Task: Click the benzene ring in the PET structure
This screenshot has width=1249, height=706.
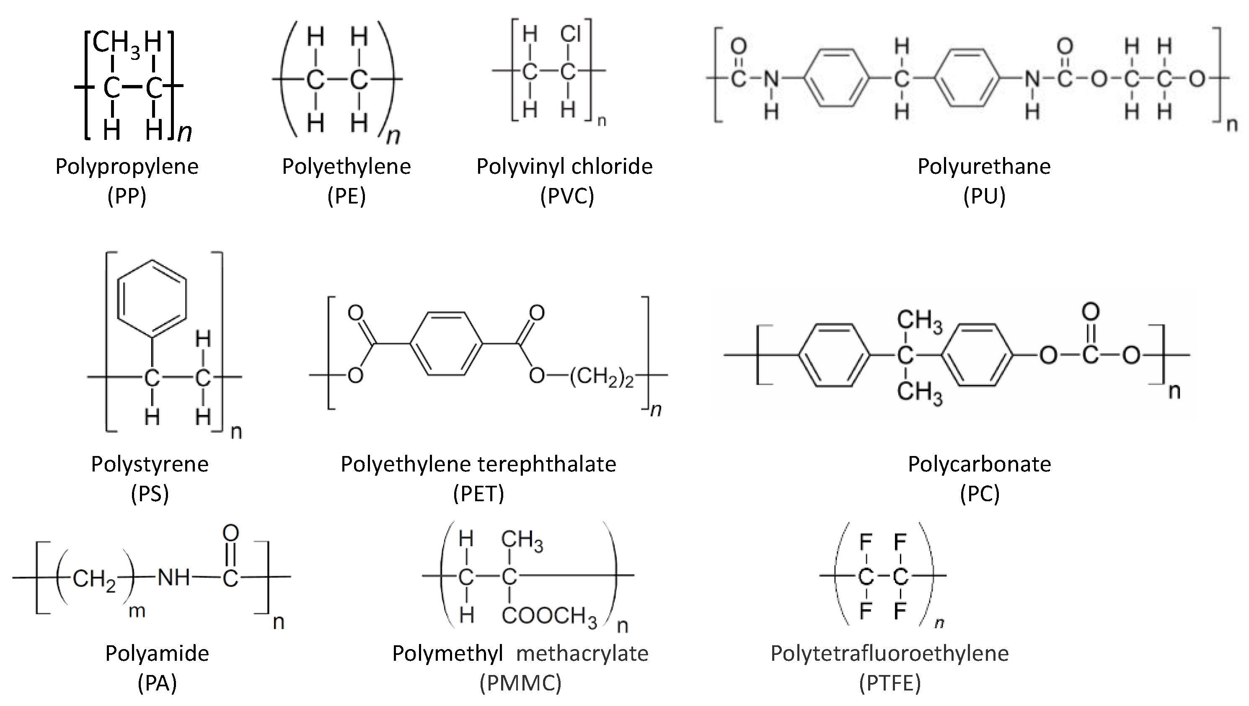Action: (x=446, y=344)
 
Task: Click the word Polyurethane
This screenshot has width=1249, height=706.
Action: (x=984, y=167)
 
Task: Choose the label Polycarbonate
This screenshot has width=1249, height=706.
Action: (x=979, y=464)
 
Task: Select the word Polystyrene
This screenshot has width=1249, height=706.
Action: (x=150, y=464)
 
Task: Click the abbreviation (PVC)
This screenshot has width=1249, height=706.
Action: (x=567, y=196)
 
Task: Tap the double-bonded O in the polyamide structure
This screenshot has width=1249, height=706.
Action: (x=231, y=533)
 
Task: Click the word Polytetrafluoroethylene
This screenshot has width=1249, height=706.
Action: (x=890, y=654)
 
